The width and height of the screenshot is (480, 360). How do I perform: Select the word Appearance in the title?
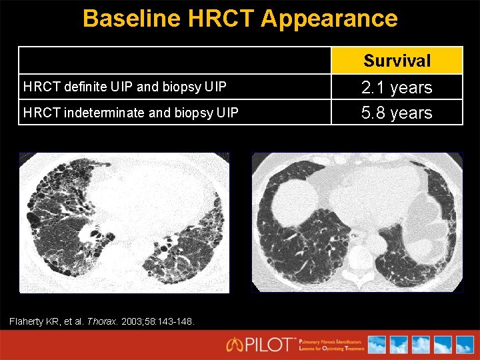[x=330, y=18]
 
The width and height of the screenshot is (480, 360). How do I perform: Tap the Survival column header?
[x=397, y=61]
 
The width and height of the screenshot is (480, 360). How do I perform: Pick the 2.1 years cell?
[x=397, y=87]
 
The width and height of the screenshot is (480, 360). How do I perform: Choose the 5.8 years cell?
[x=397, y=113]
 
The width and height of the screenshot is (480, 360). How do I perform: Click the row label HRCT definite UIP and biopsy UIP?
[x=125, y=87]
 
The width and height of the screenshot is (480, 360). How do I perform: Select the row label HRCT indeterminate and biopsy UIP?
[x=130, y=113]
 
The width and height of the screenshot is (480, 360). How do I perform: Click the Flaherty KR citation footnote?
[x=102, y=321]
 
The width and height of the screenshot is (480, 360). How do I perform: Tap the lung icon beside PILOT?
[x=234, y=345]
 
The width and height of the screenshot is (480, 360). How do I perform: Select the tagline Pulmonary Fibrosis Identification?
[x=330, y=341]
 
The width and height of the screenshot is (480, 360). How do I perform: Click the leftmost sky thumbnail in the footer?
[x=377, y=345]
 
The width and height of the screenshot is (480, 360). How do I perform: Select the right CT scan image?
[x=357, y=223]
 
